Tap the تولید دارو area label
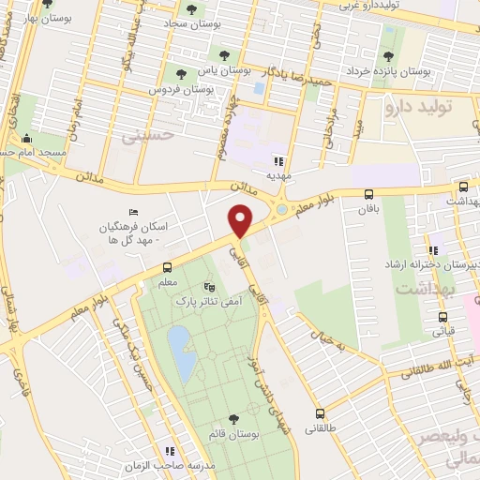432,107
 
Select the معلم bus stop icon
167,266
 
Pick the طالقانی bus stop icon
321,412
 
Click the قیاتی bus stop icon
442,316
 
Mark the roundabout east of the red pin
282,209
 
